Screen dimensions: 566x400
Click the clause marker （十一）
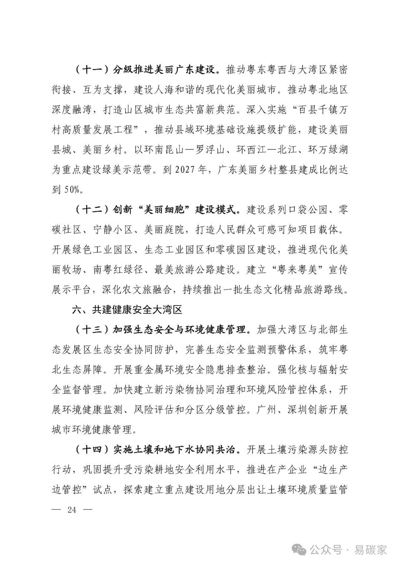(x=91, y=70)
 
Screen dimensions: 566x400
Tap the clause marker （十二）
(x=91, y=210)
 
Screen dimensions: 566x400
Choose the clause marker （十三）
(x=91, y=330)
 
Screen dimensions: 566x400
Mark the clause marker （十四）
(x=91, y=450)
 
